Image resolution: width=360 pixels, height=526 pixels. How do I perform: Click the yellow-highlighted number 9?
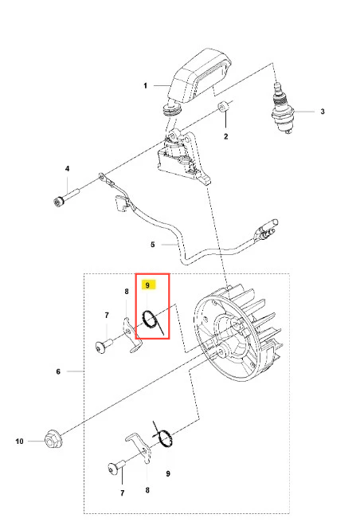(147, 285)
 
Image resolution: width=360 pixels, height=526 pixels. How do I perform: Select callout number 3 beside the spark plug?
(323, 112)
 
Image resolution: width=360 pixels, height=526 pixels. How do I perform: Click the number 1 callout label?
(145, 86)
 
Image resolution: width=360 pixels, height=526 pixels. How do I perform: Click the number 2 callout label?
(226, 136)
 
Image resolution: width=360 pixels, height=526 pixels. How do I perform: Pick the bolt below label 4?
(66, 198)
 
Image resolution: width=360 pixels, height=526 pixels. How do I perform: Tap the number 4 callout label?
(68, 168)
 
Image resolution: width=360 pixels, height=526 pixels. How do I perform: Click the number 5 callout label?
(153, 245)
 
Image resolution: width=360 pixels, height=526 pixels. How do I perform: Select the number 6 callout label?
(58, 371)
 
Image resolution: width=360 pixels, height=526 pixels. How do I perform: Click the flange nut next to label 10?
(53, 439)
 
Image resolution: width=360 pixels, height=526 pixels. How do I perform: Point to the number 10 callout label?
(19, 442)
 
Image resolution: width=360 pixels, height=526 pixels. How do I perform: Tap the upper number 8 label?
(127, 292)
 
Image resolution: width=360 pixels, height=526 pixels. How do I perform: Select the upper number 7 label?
(107, 316)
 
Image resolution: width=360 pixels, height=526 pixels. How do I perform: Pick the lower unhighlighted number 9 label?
(168, 473)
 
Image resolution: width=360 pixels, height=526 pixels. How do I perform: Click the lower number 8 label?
(147, 490)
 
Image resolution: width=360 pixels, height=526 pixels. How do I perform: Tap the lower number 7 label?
(123, 493)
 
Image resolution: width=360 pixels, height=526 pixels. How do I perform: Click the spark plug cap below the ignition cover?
(171, 109)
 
